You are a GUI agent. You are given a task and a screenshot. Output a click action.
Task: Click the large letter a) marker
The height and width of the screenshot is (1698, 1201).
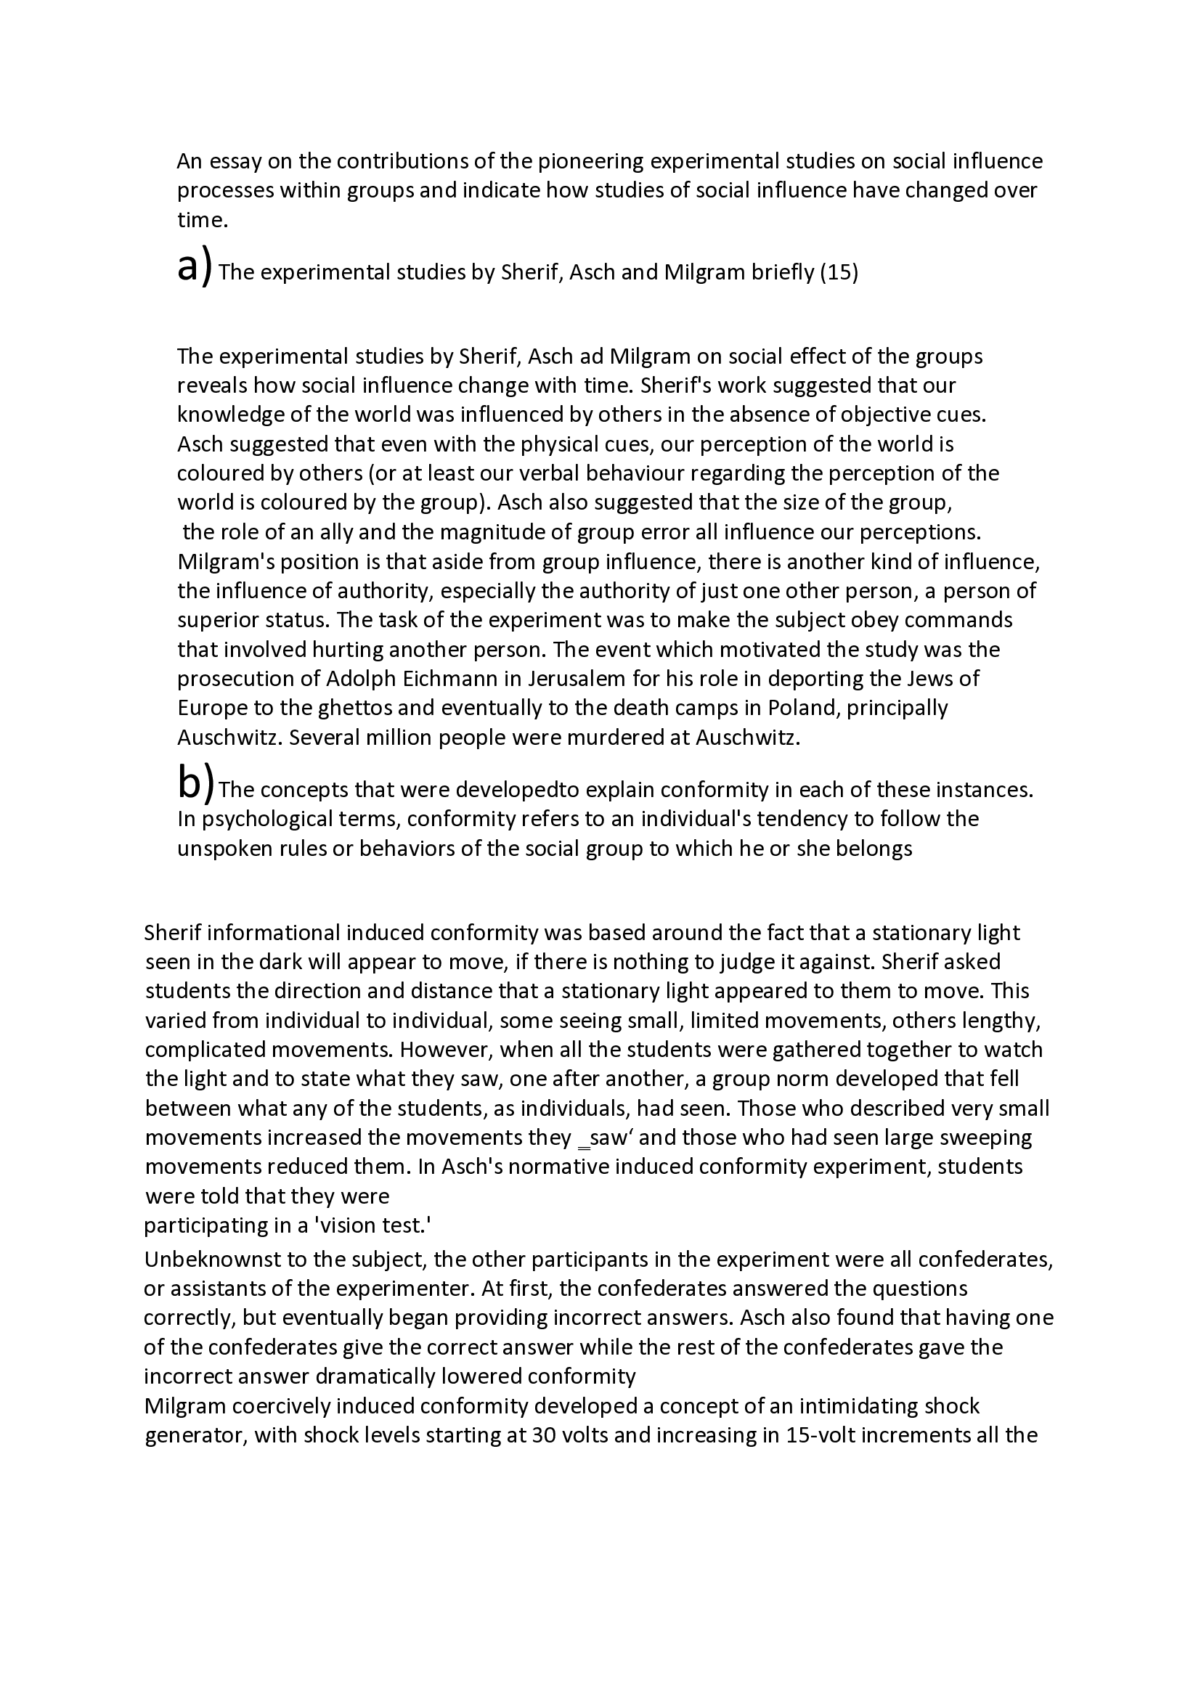point(195,267)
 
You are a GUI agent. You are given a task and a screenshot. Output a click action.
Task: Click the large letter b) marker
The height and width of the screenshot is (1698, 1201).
point(196,785)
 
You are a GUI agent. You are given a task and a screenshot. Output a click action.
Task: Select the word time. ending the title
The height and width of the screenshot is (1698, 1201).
point(202,220)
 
